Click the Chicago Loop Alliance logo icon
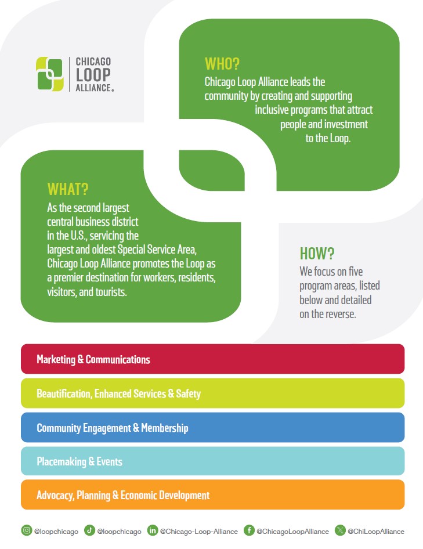pyautogui.click(x=50, y=74)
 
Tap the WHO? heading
pyautogui.click(x=222, y=64)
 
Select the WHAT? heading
pyautogui.click(x=68, y=189)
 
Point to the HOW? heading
pyautogui.click(x=317, y=254)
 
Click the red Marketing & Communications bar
pyautogui.click(x=212, y=359)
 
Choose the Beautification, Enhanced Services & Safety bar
pyautogui.click(x=212, y=393)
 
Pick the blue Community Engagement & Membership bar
pyautogui.click(x=212, y=428)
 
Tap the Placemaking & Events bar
pyautogui.click(x=212, y=462)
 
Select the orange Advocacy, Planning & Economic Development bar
pyautogui.click(x=212, y=495)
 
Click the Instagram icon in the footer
pyautogui.click(x=27, y=530)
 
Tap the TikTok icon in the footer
pyautogui.click(x=89, y=530)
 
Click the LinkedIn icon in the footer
pyautogui.click(x=153, y=530)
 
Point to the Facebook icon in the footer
pyautogui.click(x=249, y=530)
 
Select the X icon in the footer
pyautogui.click(x=340, y=530)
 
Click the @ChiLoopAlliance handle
pyautogui.click(x=376, y=531)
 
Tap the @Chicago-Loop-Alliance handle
pyautogui.click(x=199, y=531)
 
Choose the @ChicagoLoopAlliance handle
pyautogui.click(x=292, y=531)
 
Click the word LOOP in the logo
pyautogui.click(x=93, y=74)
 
